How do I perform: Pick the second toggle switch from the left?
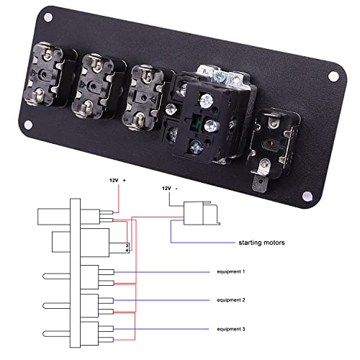tap(96, 81)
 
